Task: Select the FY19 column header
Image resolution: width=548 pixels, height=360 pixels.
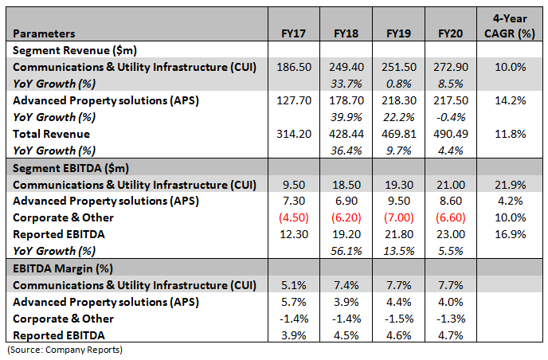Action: coord(398,34)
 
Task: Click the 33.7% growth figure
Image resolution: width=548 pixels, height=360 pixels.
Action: coord(344,83)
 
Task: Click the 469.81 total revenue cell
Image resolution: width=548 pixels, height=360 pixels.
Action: coord(398,134)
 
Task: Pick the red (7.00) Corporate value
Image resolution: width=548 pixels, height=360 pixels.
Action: coord(398,217)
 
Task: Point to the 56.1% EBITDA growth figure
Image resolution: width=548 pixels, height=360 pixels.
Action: coord(344,251)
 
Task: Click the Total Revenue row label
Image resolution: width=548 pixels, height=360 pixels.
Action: coord(51,134)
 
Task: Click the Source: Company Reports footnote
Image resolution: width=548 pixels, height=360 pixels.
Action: coord(65,350)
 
